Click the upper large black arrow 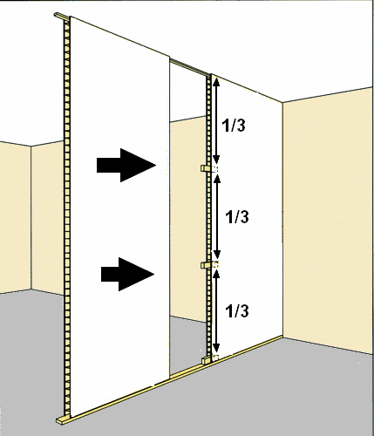[x=126, y=166]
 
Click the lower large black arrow [x=128, y=274]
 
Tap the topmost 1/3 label [x=234, y=126]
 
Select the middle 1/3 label [x=237, y=217]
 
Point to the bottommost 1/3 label [x=237, y=311]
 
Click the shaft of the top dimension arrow [x=216, y=121]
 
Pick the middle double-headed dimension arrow [x=216, y=216]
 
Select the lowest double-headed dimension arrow [x=216, y=311]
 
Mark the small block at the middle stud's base [x=206, y=360]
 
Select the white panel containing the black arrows [x=119, y=216]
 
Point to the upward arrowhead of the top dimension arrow [x=216, y=83]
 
